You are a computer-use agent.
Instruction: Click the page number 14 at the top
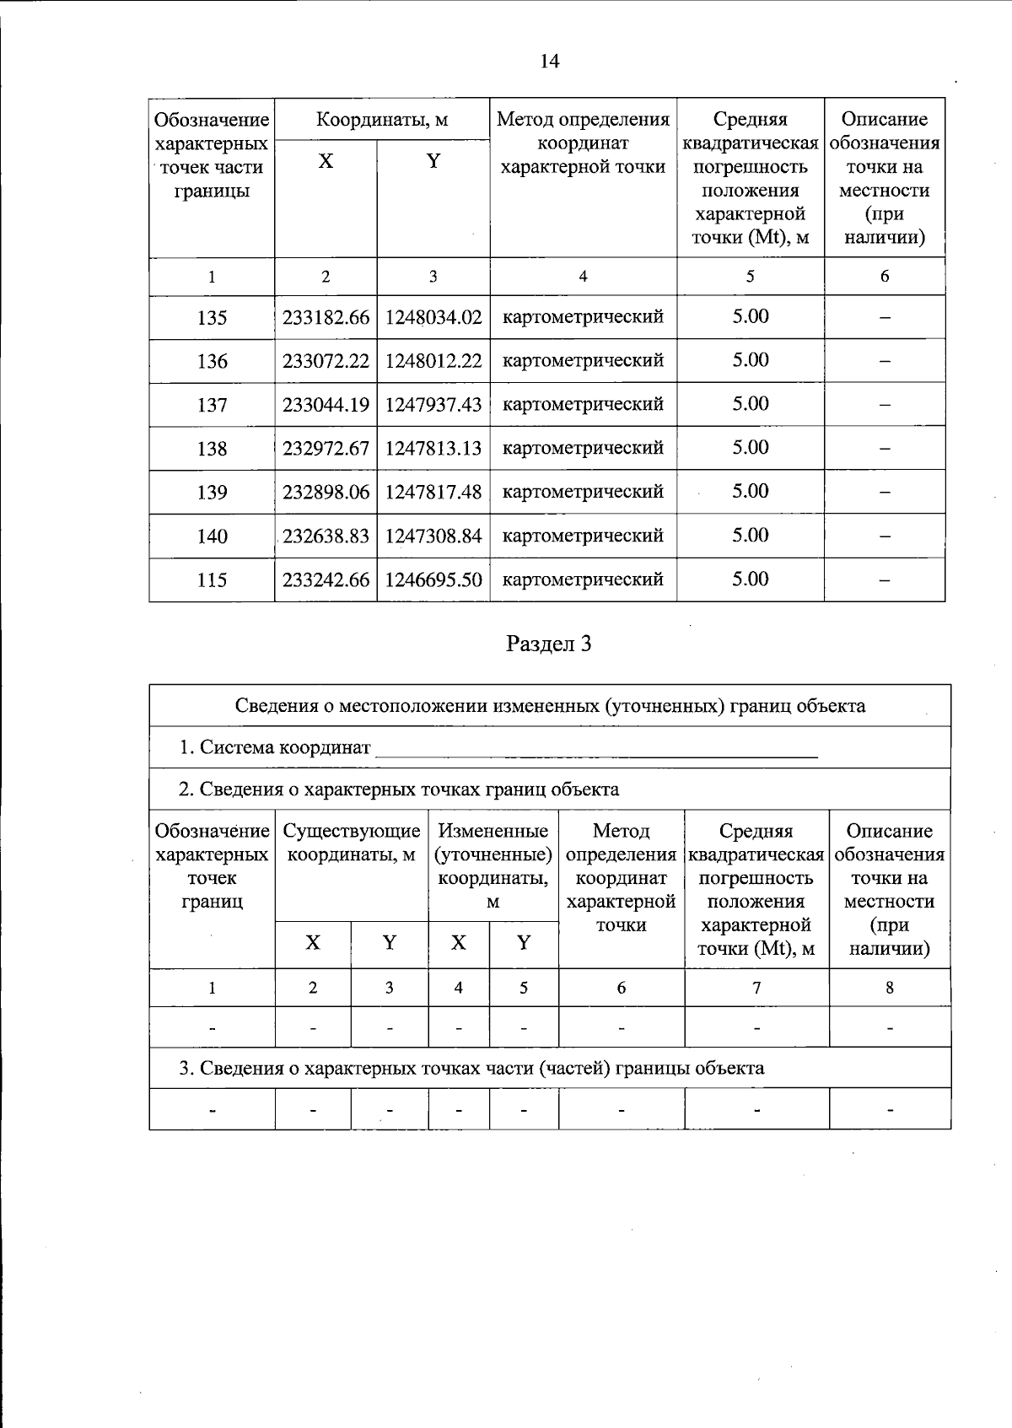(x=549, y=62)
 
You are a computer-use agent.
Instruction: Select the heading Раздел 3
(x=549, y=644)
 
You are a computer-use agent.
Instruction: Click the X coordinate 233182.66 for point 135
(x=326, y=318)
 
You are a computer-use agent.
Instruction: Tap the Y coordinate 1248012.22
(x=433, y=361)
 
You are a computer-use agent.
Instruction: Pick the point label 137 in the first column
(x=212, y=406)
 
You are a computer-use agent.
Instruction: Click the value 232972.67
(x=326, y=449)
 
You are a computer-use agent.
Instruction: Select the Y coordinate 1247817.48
(x=433, y=493)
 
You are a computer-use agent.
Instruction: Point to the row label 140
(x=212, y=536)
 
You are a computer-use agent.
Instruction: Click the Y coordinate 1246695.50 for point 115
(x=433, y=580)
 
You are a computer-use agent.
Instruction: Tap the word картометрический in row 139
(x=583, y=492)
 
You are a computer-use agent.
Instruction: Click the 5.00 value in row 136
(x=750, y=360)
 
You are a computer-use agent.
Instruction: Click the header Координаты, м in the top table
(x=382, y=120)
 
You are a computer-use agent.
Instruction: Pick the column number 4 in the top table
(x=583, y=277)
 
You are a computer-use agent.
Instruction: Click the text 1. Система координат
(x=275, y=747)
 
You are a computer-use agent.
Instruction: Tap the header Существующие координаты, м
(x=352, y=843)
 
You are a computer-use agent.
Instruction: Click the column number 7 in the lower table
(x=756, y=988)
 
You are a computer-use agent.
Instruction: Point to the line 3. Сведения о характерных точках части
(x=471, y=1069)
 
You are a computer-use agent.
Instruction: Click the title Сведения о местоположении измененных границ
(x=550, y=706)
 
